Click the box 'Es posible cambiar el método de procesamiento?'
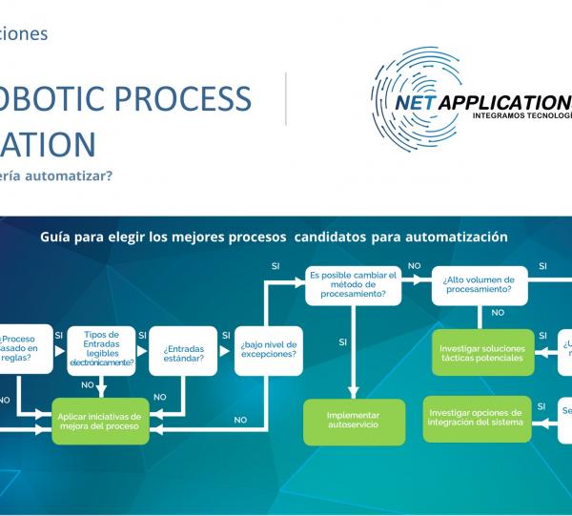pyautogui.click(x=354, y=285)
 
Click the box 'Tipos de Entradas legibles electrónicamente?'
pyautogui.click(x=101, y=349)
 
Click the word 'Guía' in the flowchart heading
pyautogui.click(x=54, y=236)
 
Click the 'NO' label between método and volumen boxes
pyautogui.click(x=415, y=267)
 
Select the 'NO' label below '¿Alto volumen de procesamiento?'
pyautogui.click(x=497, y=312)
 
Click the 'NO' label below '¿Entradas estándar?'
pyautogui.click(x=160, y=397)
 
